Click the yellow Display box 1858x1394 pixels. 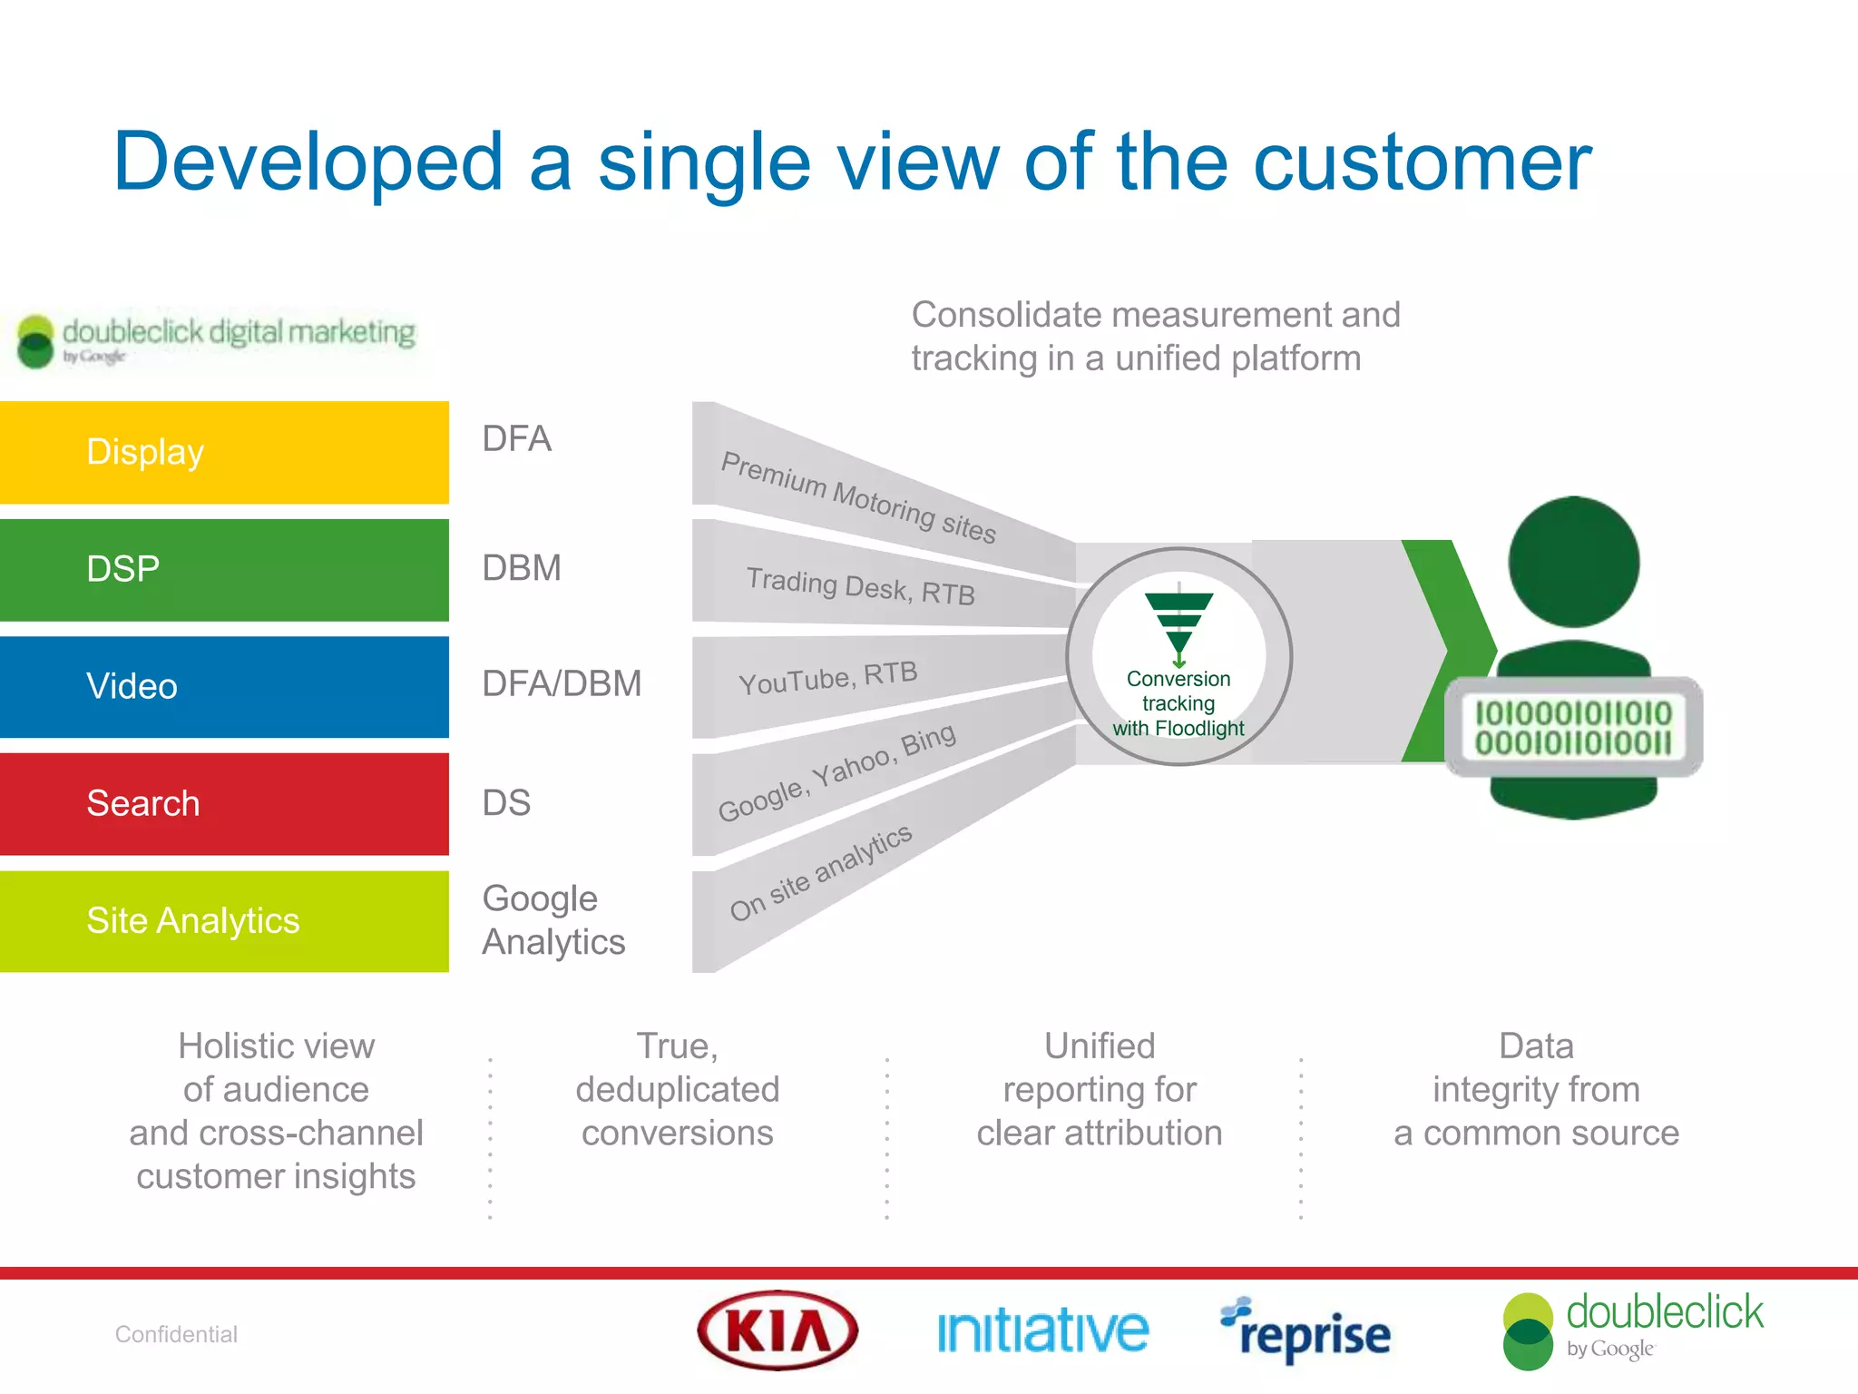[x=224, y=452]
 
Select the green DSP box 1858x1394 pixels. [x=224, y=570]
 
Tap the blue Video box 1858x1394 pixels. [x=224, y=687]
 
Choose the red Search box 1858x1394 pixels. [x=224, y=804]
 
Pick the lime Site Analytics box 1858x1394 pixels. [x=224, y=921]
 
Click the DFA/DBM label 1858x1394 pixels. [x=562, y=683]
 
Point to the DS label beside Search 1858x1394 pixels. [x=506, y=803]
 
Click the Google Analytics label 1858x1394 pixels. [x=553, y=920]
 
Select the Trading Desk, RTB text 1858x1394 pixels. [x=860, y=586]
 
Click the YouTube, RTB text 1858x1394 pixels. [x=828, y=677]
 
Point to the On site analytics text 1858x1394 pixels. [x=820, y=872]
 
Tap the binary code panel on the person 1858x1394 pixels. [x=1572, y=727]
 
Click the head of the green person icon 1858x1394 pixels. [x=1573, y=562]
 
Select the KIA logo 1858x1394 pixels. [x=777, y=1330]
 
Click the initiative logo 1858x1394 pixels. [x=1042, y=1331]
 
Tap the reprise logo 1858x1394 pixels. [x=1305, y=1331]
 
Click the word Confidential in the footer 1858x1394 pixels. [x=176, y=1334]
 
